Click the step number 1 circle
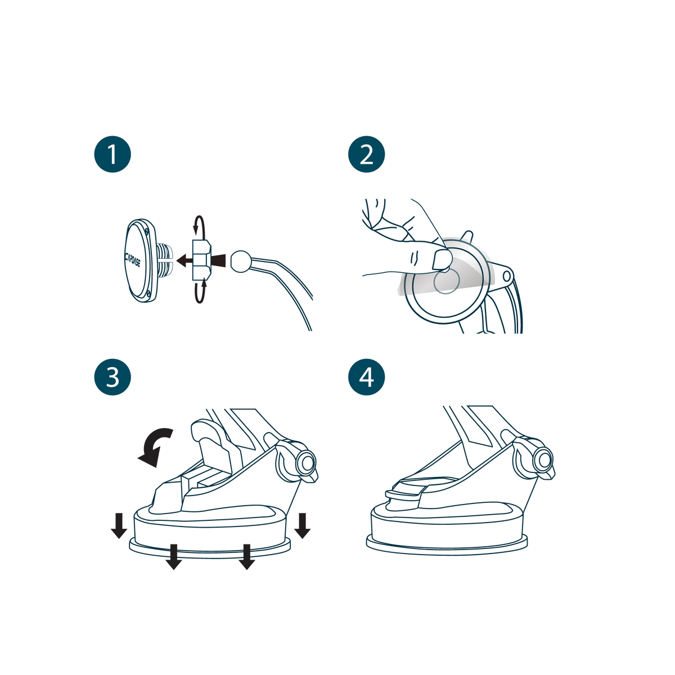point(112,154)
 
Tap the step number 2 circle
point(366,154)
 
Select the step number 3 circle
point(112,377)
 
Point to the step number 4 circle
point(366,377)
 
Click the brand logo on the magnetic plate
point(132,259)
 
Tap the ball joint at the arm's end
point(241,261)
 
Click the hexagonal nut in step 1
point(201,260)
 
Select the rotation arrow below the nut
point(200,292)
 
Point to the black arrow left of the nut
point(184,260)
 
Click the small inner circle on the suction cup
point(446,281)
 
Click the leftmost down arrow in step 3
point(119,525)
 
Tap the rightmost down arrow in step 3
point(302,525)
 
